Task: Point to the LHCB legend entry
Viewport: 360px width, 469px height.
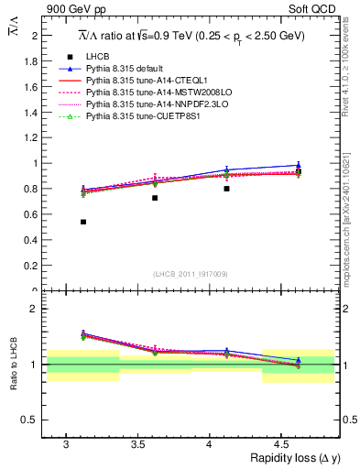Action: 99,57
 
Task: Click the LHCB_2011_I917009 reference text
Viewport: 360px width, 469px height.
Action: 191,274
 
